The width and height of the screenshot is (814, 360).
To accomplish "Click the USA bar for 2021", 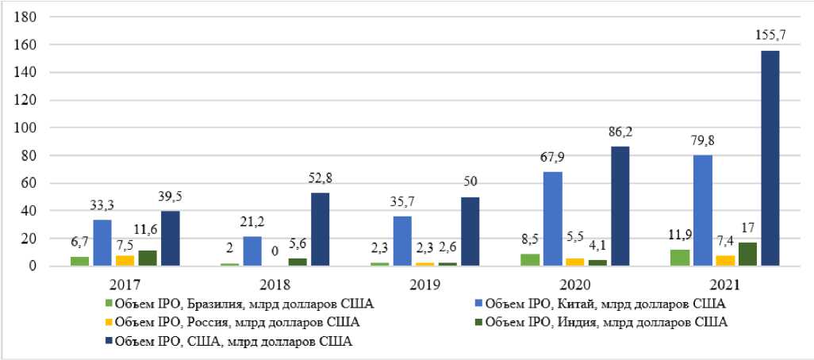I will pos(768,159).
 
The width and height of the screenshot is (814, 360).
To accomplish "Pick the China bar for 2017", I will pos(103,243).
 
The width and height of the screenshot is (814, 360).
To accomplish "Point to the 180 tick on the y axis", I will pos(29,17).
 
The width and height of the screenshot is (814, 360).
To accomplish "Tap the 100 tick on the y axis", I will pos(29,128).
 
